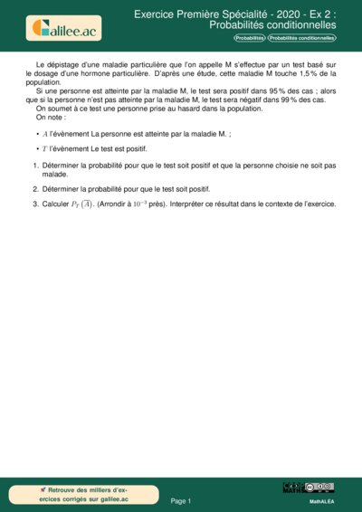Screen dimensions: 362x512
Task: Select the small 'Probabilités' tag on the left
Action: (250, 38)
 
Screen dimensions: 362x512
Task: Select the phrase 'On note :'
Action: (50, 118)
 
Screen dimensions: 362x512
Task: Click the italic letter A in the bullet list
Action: (45, 133)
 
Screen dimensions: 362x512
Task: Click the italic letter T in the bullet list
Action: (45, 148)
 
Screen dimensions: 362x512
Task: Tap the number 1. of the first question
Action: (35, 166)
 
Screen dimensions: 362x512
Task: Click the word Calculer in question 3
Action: (58, 204)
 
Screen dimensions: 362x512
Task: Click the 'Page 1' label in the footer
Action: (181, 500)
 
